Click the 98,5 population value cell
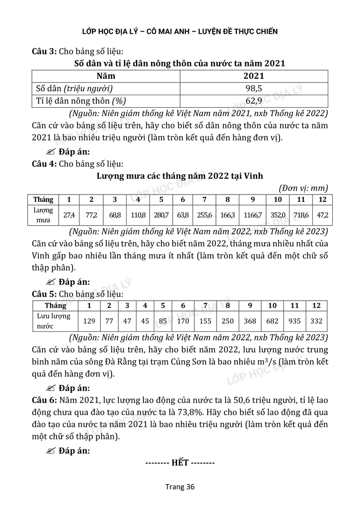pos(254,89)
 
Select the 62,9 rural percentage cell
pos(254,101)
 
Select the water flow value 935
pos(294,321)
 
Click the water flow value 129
pos(89,321)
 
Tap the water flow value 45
pos(145,321)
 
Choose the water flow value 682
pos(273,321)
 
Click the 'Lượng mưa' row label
pos(43,215)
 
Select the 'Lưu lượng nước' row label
pos(54,321)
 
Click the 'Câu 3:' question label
pos(44,51)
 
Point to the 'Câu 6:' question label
pos(44,400)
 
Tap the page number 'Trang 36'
pos(180,487)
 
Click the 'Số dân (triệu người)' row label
pos(74,89)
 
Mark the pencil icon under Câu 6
pos(50,450)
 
